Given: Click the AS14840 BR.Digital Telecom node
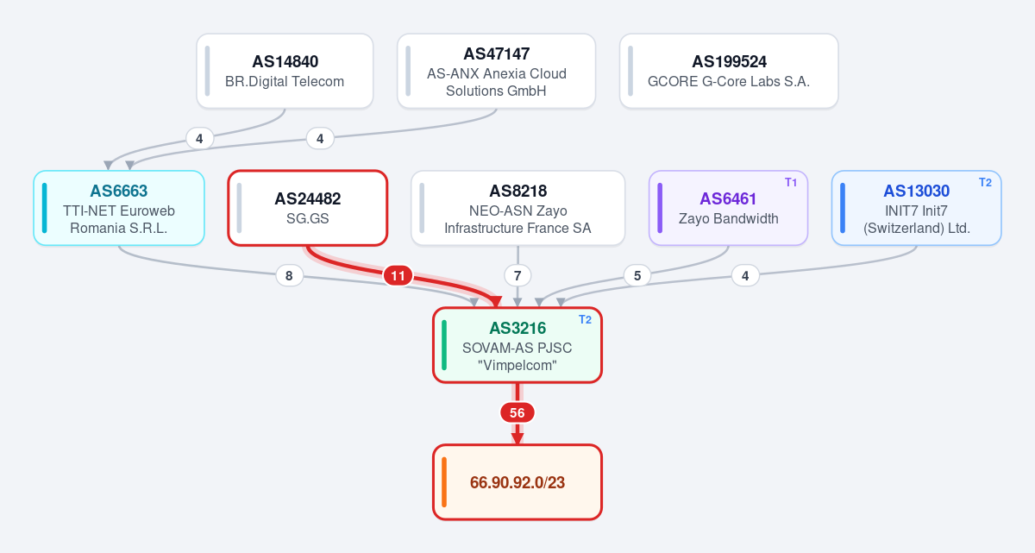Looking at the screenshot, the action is pyautogui.click(x=285, y=71).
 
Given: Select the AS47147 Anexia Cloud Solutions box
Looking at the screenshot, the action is pyautogui.click(x=496, y=71).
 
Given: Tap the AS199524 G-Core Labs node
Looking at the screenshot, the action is pyautogui.click(x=729, y=71).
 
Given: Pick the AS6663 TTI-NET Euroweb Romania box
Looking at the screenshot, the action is pyautogui.click(x=119, y=208).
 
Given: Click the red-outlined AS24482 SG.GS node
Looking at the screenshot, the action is pyautogui.click(x=308, y=208).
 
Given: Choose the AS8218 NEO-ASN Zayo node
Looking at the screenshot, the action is pyautogui.click(x=517, y=208).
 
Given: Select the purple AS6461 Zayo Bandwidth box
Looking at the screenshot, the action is pyautogui.click(x=728, y=208).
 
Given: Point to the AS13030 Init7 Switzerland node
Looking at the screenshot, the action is pyautogui.click(x=916, y=208).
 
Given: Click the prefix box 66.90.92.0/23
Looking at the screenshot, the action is pyautogui.click(x=517, y=482).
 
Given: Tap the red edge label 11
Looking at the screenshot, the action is pyautogui.click(x=398, y=276).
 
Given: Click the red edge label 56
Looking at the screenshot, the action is pyautogui.click(x=517, y=412).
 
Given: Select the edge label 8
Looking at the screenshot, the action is pyautogui.click(x=289, y=276).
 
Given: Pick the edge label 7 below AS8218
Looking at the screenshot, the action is pyautogui.click(x=517, y=276).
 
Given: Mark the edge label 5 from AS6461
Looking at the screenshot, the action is pyautogui.click(x=637, y=276).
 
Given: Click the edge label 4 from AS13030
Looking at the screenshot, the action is pyautogui.click(x=745, y=276).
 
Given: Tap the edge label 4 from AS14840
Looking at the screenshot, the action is pyautogui.click(x=199, y=139).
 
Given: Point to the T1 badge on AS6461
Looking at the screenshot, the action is pyautogui.click(x=791, y=183).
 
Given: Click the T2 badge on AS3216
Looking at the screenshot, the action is pyautogui.click(x=585, y=320).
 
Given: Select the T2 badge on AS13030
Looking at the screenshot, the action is pyautogui.click(x=985, y=183).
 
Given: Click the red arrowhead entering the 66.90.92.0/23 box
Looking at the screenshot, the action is pyautogui.click(x=517, y=439).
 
